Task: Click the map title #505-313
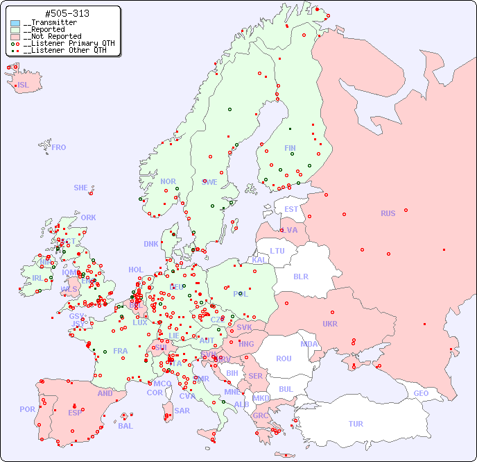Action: (67, 14)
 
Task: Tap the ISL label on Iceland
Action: (24, 85)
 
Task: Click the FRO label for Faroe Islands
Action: (59, 147)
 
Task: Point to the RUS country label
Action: (388, 213)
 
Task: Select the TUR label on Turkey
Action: (356, 424)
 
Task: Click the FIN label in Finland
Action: (290, 148)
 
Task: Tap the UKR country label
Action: (330, 324)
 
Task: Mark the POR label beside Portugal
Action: (27, 409)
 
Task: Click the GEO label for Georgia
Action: (421, 393)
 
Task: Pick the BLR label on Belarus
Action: (300, 277)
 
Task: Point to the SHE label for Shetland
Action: (81, 188)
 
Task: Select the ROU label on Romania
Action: (284, 358)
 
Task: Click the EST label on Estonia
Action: (291, 209)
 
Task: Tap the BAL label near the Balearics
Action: (125, 426)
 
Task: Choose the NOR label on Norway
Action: (168, 181)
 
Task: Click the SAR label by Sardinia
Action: (182, 411)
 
